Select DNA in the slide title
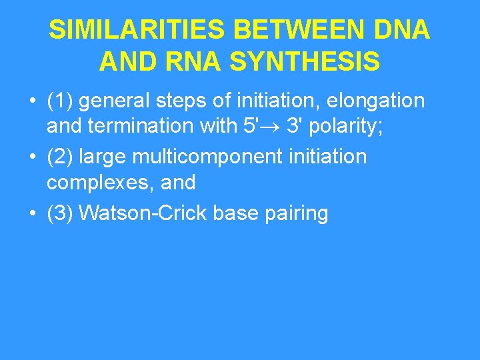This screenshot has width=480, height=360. pos(404,30)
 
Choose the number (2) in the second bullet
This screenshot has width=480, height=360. pos(60,157)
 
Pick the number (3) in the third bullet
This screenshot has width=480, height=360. pos(60,213)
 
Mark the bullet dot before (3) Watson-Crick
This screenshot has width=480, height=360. pos(32,213)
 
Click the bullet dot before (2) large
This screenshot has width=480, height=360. pos(32,157)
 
